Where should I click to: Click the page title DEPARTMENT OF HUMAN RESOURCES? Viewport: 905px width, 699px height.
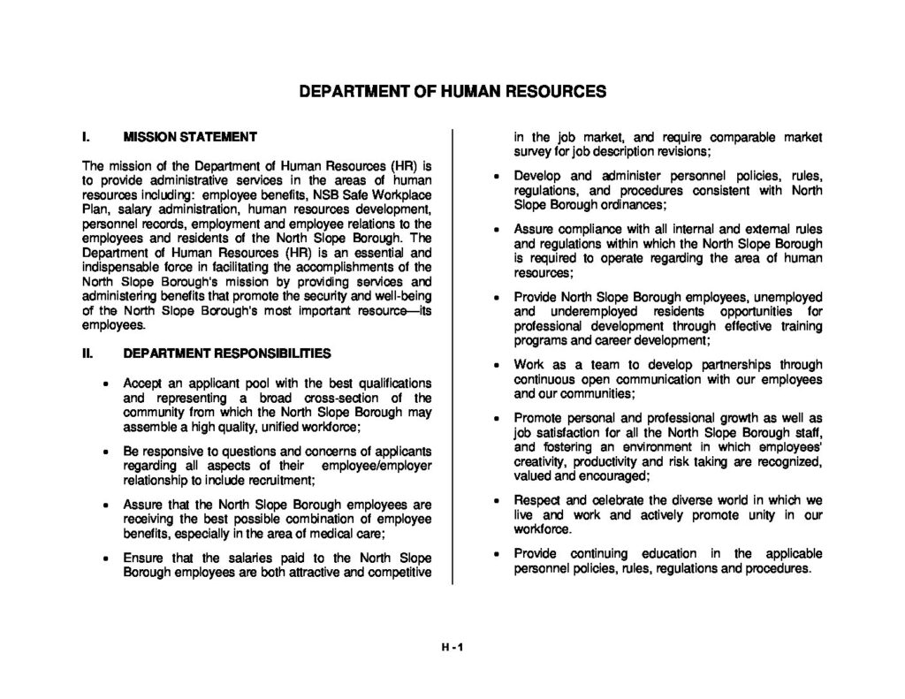tap(452, 92)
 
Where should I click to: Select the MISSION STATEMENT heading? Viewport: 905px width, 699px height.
tap(190, 137)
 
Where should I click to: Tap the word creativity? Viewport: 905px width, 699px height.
tap(541, 461)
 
